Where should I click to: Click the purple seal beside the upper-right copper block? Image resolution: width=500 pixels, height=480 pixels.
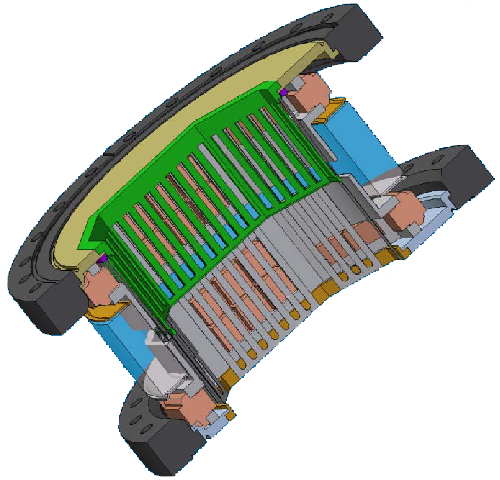point(283,93)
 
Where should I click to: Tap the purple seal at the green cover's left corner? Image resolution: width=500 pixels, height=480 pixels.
point(102,258)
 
